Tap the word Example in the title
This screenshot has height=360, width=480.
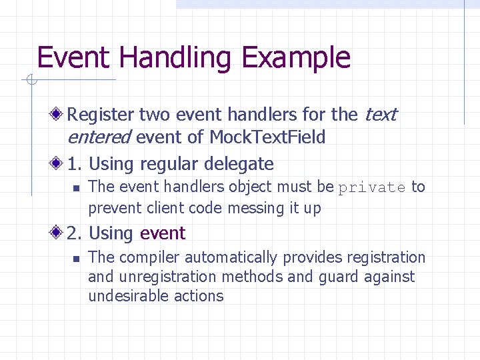[296, 58]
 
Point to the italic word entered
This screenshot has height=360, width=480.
[99, 137]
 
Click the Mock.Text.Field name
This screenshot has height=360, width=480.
[267, 137]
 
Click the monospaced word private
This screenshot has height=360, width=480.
[371, 188]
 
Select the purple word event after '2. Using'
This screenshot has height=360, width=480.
[163, 233]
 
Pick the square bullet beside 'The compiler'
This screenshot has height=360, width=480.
[76, 258]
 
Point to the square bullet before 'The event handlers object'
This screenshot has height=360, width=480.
[76, 188]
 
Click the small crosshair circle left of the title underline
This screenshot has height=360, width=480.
[30, 81]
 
